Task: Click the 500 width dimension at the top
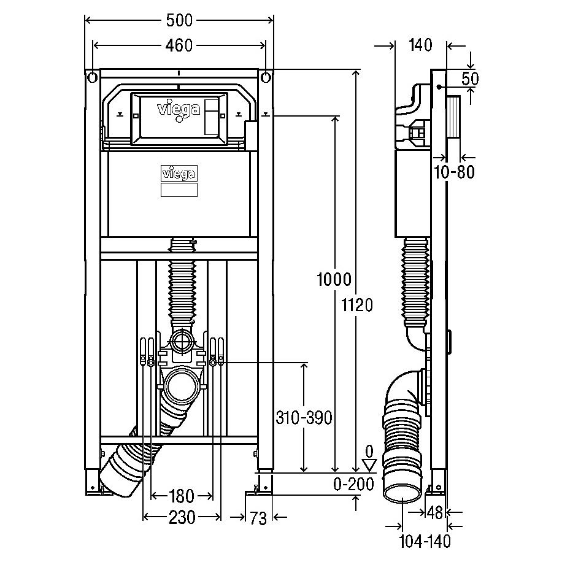click(x=179, y=20)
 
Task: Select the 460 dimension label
click(x=179, y=45)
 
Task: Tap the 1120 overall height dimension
click(x=357, y=305)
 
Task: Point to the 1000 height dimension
click(x=334, y=279)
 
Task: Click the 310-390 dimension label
click(x=304, y=418)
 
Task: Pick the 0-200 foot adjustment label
click(x=353, y=484)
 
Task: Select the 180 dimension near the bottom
click(x=181, y=496)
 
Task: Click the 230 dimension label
click(x=182, y=517)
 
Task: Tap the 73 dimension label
click(x=258, y=518)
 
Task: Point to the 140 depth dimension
click(x=420, y=45)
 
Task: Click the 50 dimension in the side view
click(x=470, y=79)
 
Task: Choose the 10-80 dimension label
click(x=454, y=172)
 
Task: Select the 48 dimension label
click(x=435, y=513)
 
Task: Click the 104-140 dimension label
click(x=425, y=542)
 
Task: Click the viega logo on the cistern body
click(x=179, y=174)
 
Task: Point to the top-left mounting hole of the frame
click(x=93, y=77)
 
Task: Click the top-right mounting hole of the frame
click(x=266, y=77)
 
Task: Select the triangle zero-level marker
click(x=369, y=466)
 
